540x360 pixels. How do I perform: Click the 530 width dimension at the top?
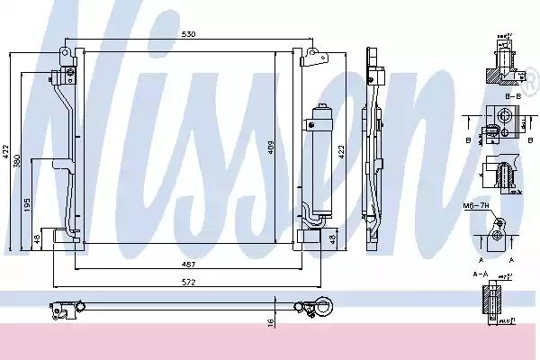click(186, 34)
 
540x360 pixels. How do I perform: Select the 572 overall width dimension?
click(186, 282)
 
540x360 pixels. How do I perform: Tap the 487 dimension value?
click(186, 264)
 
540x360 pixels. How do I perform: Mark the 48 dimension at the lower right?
click(333, 239)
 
